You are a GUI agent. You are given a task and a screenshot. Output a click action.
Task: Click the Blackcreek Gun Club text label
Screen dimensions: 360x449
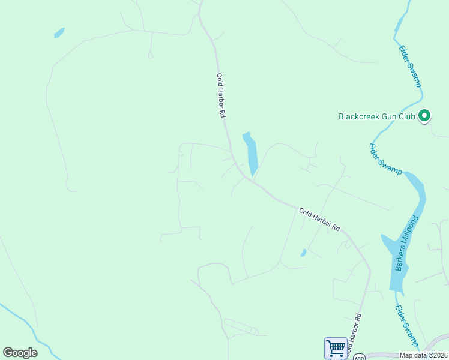click(377, 116)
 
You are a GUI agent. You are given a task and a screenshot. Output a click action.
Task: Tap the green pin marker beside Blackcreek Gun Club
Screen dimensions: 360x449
click(424, 115)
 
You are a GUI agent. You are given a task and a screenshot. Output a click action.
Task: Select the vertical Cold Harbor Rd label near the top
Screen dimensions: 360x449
click(221, 95)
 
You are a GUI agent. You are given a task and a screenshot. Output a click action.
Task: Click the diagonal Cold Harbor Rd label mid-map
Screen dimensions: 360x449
click(319, 220)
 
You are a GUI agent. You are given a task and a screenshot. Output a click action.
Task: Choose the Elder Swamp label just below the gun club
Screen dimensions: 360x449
click(385, 159)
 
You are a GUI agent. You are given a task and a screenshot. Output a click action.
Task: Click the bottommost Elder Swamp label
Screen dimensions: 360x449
click(406, 326)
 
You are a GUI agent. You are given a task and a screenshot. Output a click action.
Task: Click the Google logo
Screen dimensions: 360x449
click(20, 353)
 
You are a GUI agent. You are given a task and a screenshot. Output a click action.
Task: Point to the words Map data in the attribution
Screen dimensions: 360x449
click(413, 355)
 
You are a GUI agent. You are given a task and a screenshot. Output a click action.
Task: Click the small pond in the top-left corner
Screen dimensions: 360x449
click(59, 33)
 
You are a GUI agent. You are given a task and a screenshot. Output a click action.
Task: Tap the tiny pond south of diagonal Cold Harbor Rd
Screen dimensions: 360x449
click(304, 253)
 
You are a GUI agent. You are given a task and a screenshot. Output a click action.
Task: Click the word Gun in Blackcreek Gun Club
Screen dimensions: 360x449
click(391, 116)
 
